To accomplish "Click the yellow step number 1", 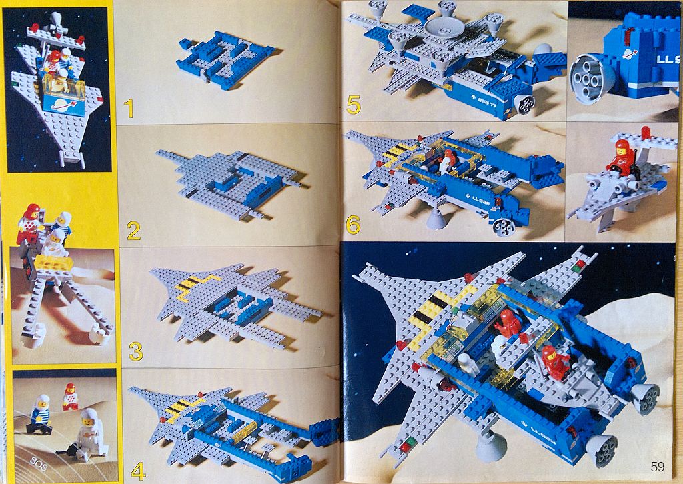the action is pos(129,109).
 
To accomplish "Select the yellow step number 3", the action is pos(135,351).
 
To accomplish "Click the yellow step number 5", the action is pos(354,105).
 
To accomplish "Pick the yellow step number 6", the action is pos(353,225).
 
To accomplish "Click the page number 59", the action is pos(657,467).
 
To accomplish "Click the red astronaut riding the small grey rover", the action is pos(621,157).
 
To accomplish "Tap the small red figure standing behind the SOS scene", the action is pos(70,397).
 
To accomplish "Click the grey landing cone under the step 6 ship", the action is pos(436,217).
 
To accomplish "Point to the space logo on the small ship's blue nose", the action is pos(64,105).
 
